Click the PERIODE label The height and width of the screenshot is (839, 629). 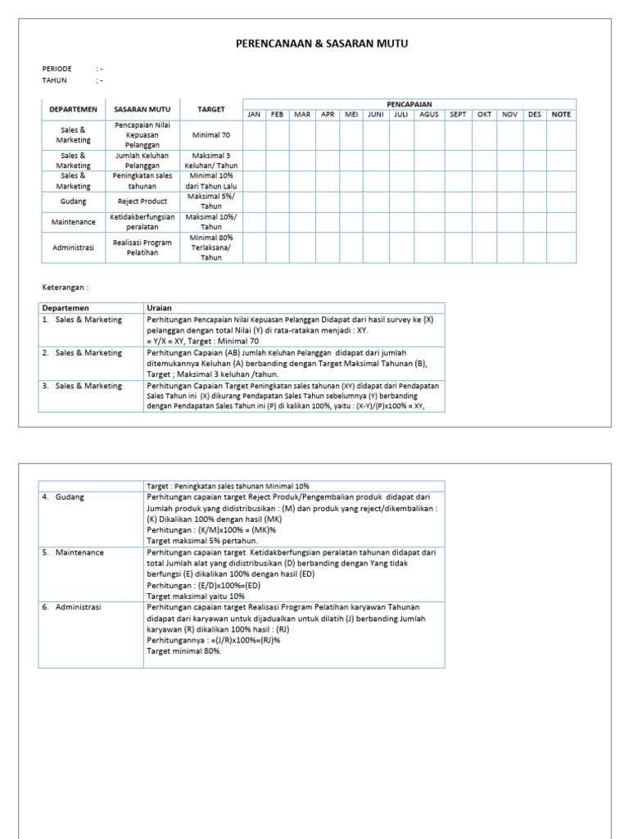point(57,69)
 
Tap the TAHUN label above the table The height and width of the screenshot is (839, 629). point(55,80)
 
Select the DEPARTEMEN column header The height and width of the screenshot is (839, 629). point(73,109)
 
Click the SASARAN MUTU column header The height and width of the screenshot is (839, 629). point(143,109)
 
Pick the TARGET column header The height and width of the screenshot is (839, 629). point(210,109)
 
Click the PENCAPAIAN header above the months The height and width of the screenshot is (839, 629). point(409,104)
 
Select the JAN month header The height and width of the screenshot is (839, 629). point(254,115)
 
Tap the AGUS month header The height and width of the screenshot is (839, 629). point(429,115)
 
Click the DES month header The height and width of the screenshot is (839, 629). point(535,115)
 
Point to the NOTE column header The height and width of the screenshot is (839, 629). point(561,115)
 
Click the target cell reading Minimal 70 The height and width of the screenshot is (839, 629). point(210,134)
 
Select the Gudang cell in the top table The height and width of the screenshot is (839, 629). point(73,201)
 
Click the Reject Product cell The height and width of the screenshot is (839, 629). point(143,201)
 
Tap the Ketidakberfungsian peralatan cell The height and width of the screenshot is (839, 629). point(143,222)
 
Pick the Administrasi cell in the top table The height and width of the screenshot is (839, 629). point(73,247)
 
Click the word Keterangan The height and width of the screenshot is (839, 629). point(65,288)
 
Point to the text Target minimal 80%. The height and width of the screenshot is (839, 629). point(184,651)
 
